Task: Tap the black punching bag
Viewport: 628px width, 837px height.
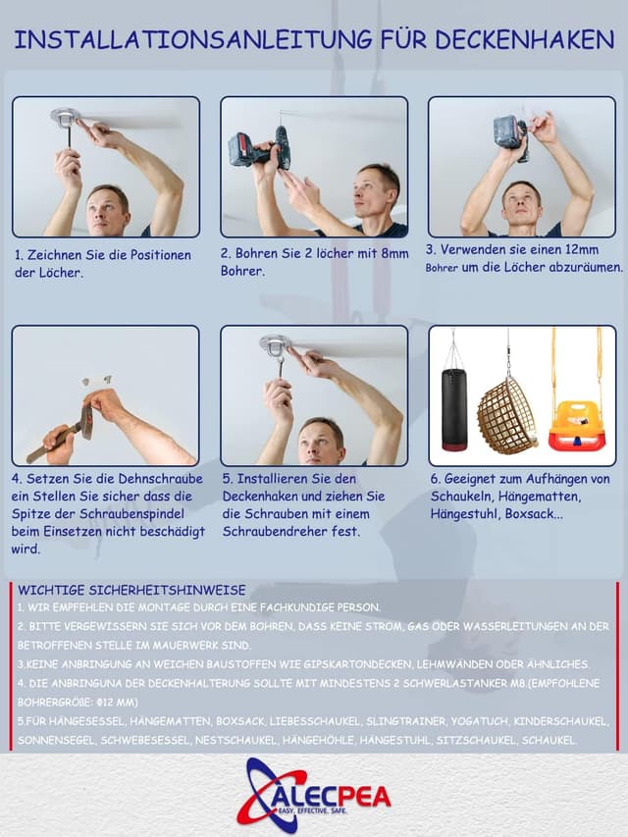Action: click(454, 408)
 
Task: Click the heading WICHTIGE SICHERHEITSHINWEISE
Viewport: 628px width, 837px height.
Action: click(131, 590)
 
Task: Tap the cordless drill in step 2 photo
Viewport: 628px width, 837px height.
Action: click(260, 148)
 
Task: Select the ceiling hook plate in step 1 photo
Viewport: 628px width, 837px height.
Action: click(65, 116)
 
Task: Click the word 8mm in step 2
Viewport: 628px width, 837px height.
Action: click(394, 253)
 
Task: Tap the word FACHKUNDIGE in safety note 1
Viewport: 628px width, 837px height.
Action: click(300, 607)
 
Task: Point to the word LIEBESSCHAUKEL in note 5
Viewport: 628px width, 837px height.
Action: click(315, 721)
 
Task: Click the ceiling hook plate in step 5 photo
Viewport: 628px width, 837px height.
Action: click(275, 342)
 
